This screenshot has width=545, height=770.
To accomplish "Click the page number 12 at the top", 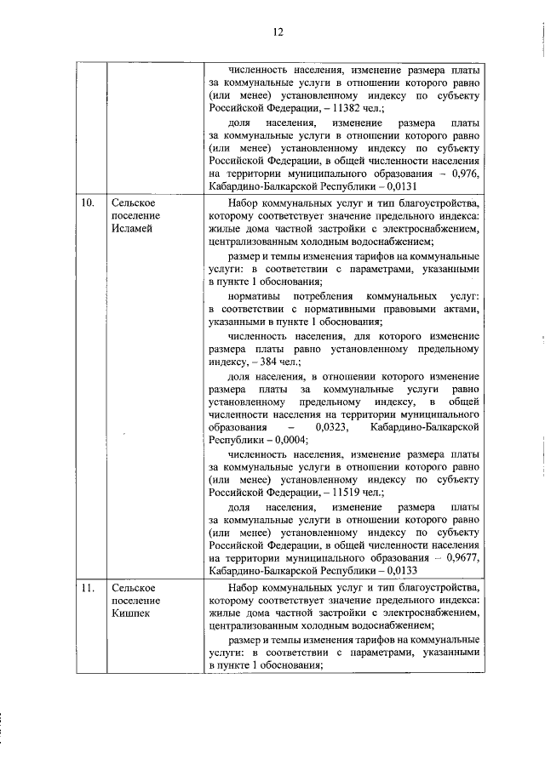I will (278, 32).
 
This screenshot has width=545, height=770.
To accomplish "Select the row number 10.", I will (87, 204).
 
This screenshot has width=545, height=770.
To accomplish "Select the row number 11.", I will (87, 588).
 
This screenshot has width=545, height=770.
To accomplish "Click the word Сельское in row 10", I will (131, 204).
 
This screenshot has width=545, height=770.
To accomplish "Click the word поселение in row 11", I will (130, 601).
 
